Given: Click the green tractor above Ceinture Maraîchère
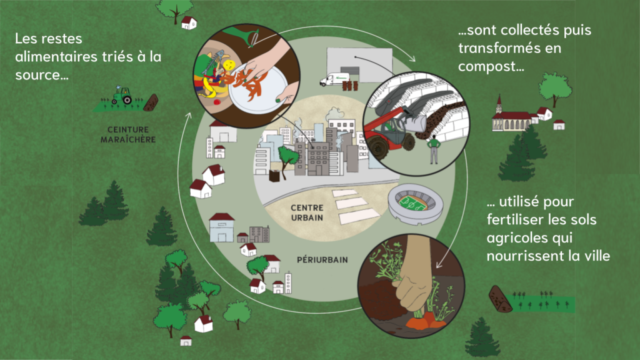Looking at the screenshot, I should (x=122, y=96).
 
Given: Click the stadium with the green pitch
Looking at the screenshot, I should (x=414, y=203).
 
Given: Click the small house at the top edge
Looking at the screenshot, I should (x=189, y=23).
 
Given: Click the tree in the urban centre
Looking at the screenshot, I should (x=287, y=156).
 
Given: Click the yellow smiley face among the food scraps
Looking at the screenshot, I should (x=229, y=65).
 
